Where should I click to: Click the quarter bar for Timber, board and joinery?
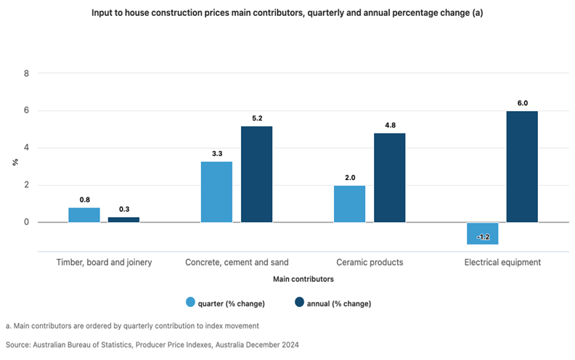(x=84, y=215)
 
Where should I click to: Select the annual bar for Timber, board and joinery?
(x=123, y=219)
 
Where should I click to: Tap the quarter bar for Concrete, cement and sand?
(x=216, y=192)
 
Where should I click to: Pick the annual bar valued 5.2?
(x=256, y=174)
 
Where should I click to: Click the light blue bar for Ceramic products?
(x=349, y=204)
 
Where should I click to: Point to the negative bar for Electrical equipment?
(x=482, y=233)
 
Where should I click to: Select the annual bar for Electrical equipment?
(x=522, y=166)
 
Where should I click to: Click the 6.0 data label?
(x=522, y=103)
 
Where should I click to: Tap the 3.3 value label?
(x=216, y=153)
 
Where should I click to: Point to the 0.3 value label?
(x=123, y=209)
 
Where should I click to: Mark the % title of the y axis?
(x=15, y=162)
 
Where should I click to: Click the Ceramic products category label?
(x=369, y=262)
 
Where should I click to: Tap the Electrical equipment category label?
(x=502, y=262)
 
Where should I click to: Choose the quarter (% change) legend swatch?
(x=192, y=303)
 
